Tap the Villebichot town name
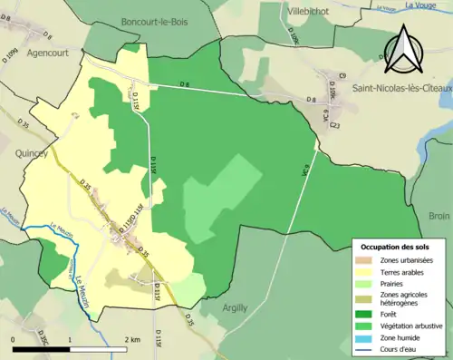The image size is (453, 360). pos(310,13)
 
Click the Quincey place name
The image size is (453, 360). pos(31,154)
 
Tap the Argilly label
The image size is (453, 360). pos(241,308)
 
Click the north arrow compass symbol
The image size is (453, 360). pos(404,50)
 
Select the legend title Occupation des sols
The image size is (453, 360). pos(395,248)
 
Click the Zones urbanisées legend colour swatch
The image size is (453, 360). pos(366,261)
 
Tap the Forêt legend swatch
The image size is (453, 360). pos(366,313)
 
